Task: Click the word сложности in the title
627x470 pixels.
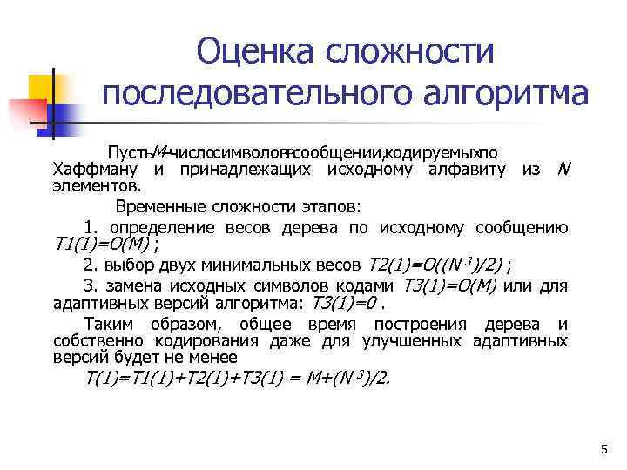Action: [410, 51]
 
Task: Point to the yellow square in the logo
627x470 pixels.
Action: [43, 88]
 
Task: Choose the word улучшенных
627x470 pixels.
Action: [419, 340]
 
